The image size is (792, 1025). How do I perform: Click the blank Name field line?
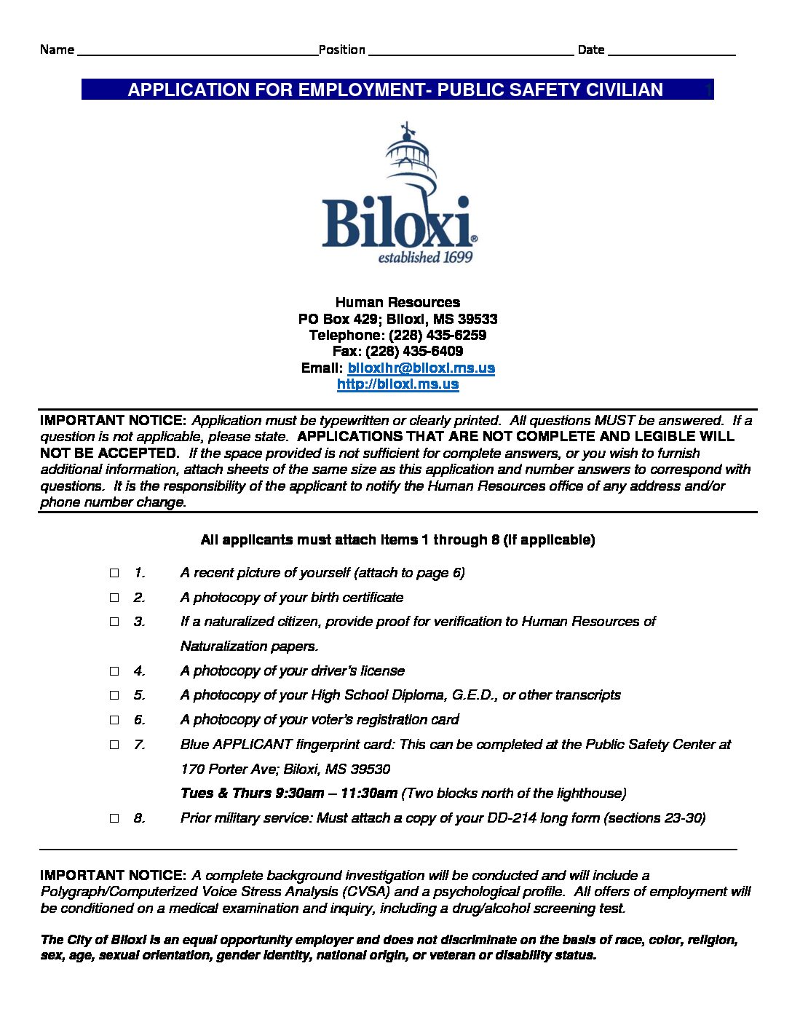(x=197, y=51)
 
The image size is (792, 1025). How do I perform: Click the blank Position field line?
(x=471, y=51)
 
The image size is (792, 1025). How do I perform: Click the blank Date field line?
(x=670, y=51)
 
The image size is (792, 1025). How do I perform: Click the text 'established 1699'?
(x=425, y=257)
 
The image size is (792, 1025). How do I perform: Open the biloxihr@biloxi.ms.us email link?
(x=421, y=368)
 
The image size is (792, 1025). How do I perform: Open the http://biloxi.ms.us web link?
(x=397, y=384)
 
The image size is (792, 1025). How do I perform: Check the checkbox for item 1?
(x=114, y=573)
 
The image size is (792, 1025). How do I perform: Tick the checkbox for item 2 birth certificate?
(x=114, y=598)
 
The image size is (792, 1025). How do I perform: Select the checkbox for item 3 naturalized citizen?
(x=114, y=622)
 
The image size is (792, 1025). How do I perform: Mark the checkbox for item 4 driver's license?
(x=114, y=671)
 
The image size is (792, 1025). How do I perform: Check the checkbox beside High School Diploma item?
(x=114, y=695)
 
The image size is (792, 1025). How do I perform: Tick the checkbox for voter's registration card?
(x=114, y=720)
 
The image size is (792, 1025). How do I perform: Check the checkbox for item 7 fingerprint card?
(x=114, y=745)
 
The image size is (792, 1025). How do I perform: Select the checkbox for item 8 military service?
(x=114, y=818)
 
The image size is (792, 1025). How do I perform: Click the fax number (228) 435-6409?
(x=414, y=351)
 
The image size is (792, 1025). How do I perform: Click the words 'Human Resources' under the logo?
(x=397, y=302)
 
